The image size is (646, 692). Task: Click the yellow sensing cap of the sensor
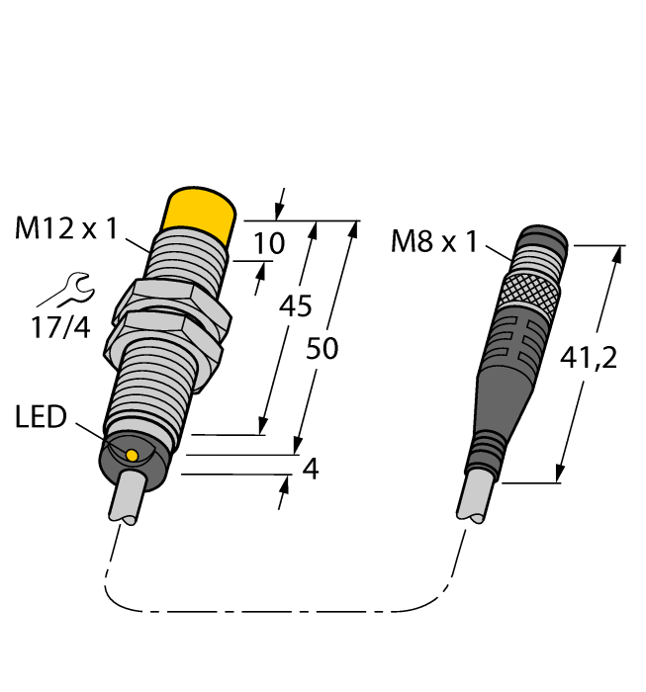(x=200, y=211)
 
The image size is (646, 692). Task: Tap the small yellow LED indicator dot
(x=132, y=455)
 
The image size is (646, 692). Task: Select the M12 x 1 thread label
(x=66, y=228)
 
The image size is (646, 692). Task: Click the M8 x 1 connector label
(x=434, y=241)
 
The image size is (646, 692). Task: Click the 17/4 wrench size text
(x=60, y=327)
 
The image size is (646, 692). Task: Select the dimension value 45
(x=295, y=305)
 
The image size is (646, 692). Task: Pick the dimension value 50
(x=322, y=348)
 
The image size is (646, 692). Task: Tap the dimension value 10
(x=268, y=243)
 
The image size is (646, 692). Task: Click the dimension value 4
(x=311, y=469)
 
